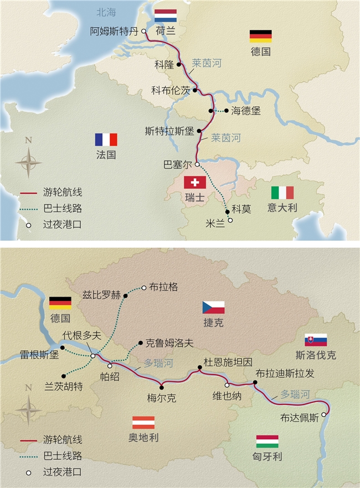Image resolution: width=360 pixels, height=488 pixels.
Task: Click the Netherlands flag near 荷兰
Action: pos(165,16)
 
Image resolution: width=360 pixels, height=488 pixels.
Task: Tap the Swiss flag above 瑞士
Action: pos(194,183)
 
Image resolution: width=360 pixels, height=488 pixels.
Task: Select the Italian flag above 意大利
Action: pos(282,193)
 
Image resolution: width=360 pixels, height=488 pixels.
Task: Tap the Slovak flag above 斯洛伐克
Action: pos(315,340)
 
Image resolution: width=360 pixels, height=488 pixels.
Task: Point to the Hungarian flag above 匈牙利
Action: pos(267,441)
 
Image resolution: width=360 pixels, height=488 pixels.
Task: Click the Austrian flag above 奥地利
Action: pos(143,422)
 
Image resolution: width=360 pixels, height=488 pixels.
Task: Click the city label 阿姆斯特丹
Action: pos(114,32)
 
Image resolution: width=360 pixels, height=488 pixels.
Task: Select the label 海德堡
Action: pos(246,111)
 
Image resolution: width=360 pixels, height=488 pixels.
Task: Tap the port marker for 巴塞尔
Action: pos(197,164)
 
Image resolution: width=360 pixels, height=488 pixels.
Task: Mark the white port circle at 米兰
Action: pos(230,220)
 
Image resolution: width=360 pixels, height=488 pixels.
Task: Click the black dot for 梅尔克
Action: pos(162,385)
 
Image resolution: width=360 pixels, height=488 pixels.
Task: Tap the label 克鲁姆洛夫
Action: pos(169,343)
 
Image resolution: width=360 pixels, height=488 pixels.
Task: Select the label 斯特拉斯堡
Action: pos(169,132)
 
